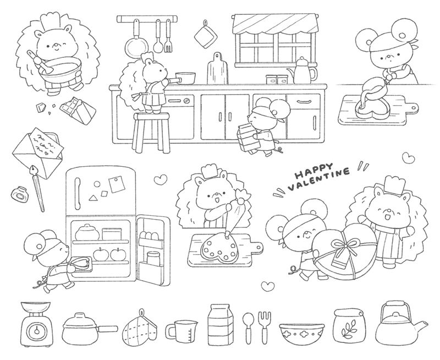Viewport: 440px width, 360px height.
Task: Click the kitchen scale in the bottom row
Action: [37, 324]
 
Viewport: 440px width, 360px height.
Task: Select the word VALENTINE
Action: [319, 179]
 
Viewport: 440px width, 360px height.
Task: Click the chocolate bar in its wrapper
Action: [78, 110]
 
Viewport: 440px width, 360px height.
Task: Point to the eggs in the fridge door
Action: [148, 235]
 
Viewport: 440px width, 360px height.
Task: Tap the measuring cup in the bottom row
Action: [182, 331]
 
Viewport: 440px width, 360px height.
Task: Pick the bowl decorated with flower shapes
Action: [301, 333]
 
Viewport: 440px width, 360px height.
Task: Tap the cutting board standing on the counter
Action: [217, 68]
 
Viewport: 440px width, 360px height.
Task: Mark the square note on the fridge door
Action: [116, 184]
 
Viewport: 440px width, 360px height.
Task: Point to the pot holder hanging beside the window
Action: [205, 35]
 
